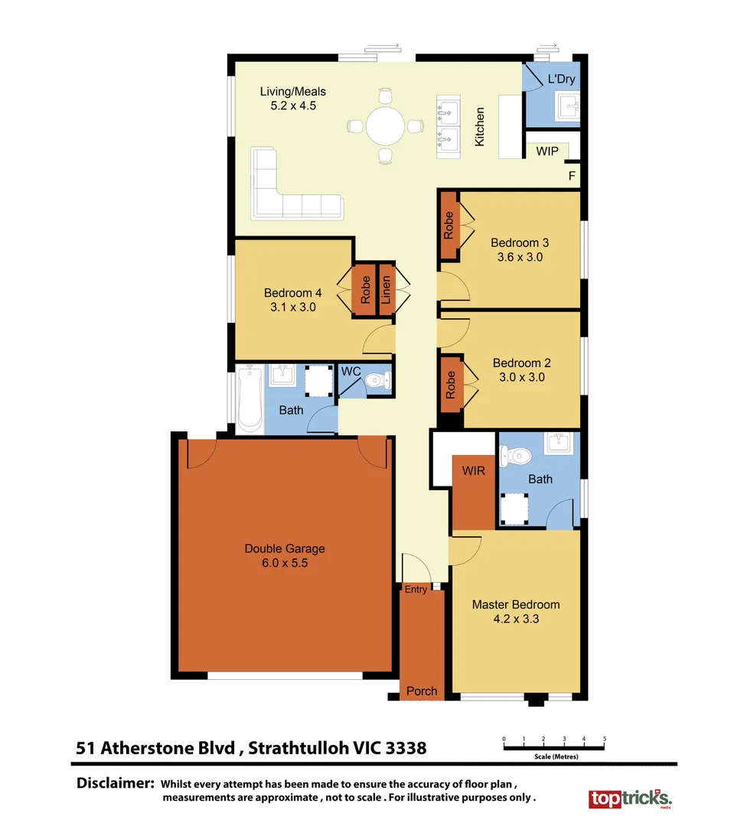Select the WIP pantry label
(547, 151)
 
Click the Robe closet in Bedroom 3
(449, 226)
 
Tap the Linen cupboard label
(386, 290)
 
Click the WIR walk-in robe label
(474, 471)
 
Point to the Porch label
(422, 691)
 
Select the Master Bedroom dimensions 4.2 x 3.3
(515, 619)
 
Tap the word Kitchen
(480, 127)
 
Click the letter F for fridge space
(571, 175)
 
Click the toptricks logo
(629, 799)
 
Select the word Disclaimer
(116, 784)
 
